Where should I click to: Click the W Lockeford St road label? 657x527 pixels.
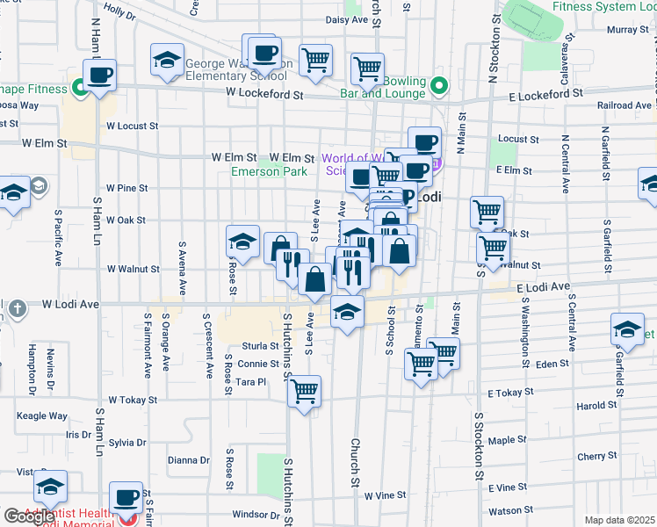(264, 92)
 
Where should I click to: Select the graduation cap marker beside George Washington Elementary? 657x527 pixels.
(167, 61)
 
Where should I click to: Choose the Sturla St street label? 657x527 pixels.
(261, 346)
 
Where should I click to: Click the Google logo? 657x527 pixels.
(30, 516)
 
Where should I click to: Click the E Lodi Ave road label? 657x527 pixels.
(543, 287)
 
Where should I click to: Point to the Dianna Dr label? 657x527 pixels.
(188, 459)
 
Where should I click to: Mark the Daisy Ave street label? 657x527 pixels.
(346, 19)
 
